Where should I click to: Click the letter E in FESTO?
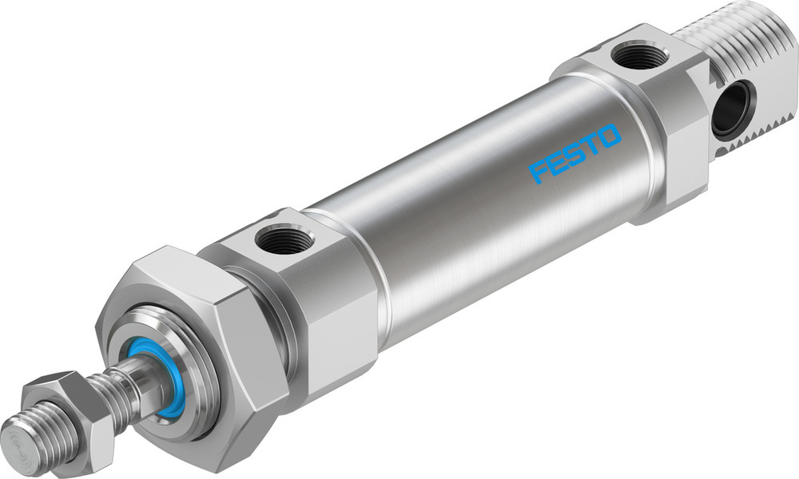555,162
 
